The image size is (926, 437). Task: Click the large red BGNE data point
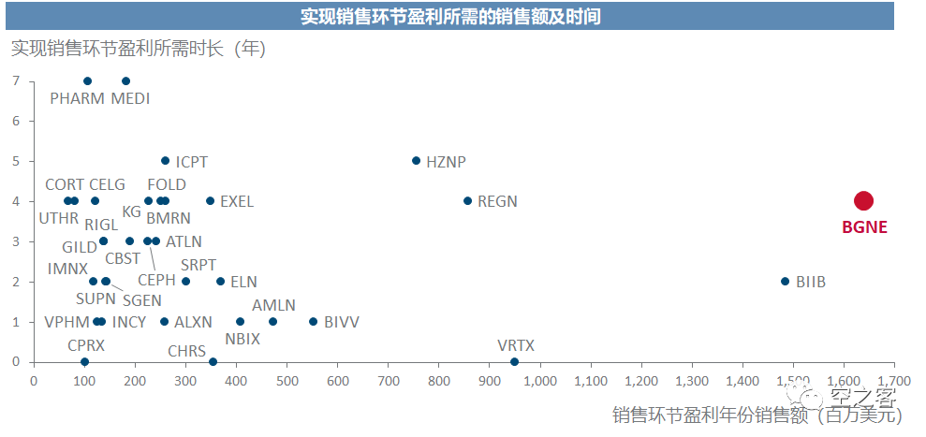pos(863,200)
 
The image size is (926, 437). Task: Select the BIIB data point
pos(786,281)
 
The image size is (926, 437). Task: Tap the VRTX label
pos(516,345)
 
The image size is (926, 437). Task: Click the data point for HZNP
pos(417,160)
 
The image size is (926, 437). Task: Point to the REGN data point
pos(467,200)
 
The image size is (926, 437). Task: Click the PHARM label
pos(78,98)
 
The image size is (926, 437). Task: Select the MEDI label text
pos(130,98)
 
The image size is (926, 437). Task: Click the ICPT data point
pos(166,160)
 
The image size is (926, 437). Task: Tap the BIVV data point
pos(313,321)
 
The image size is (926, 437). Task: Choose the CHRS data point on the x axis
pos(213,361)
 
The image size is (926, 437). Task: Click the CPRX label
pos(86,345)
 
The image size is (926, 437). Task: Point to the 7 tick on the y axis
pos(16,80)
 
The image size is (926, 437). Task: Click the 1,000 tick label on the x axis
pos(540,381)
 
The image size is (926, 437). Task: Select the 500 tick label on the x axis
pos(287,381)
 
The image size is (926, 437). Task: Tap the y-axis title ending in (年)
pos(138,48)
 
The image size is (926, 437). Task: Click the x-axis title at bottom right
pos(756,415)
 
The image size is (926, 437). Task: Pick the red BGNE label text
pos(863,226)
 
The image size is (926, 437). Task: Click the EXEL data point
pos(210,200)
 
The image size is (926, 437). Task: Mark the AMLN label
pos(273,305)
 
